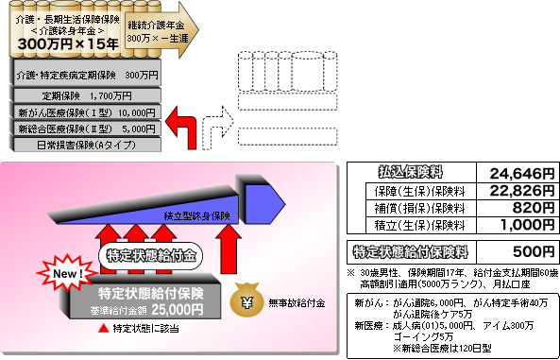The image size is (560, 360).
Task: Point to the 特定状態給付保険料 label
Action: pyautogui.click(x=412, y=252)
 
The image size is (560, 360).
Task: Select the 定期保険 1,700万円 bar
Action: pyautogui.click(x=85, y=95)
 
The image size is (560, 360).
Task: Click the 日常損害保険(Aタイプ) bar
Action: pyautogui.click(x=85, y=145)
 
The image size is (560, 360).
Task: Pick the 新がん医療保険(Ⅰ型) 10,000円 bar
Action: pyautogui.click(x=85, y=112)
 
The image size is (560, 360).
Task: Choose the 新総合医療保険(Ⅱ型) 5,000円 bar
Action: pyautogui.click(x=85, y=129)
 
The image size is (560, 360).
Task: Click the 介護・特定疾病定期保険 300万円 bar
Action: pyautogui.click(x=85, y=74)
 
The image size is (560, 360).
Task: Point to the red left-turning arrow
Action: pyautogui.click(x=187, y=126)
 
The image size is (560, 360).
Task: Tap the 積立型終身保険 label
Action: pyautogui.click(x=195, y=215)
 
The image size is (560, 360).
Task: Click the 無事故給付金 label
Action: pyautogui.click(x=295, y=303)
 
